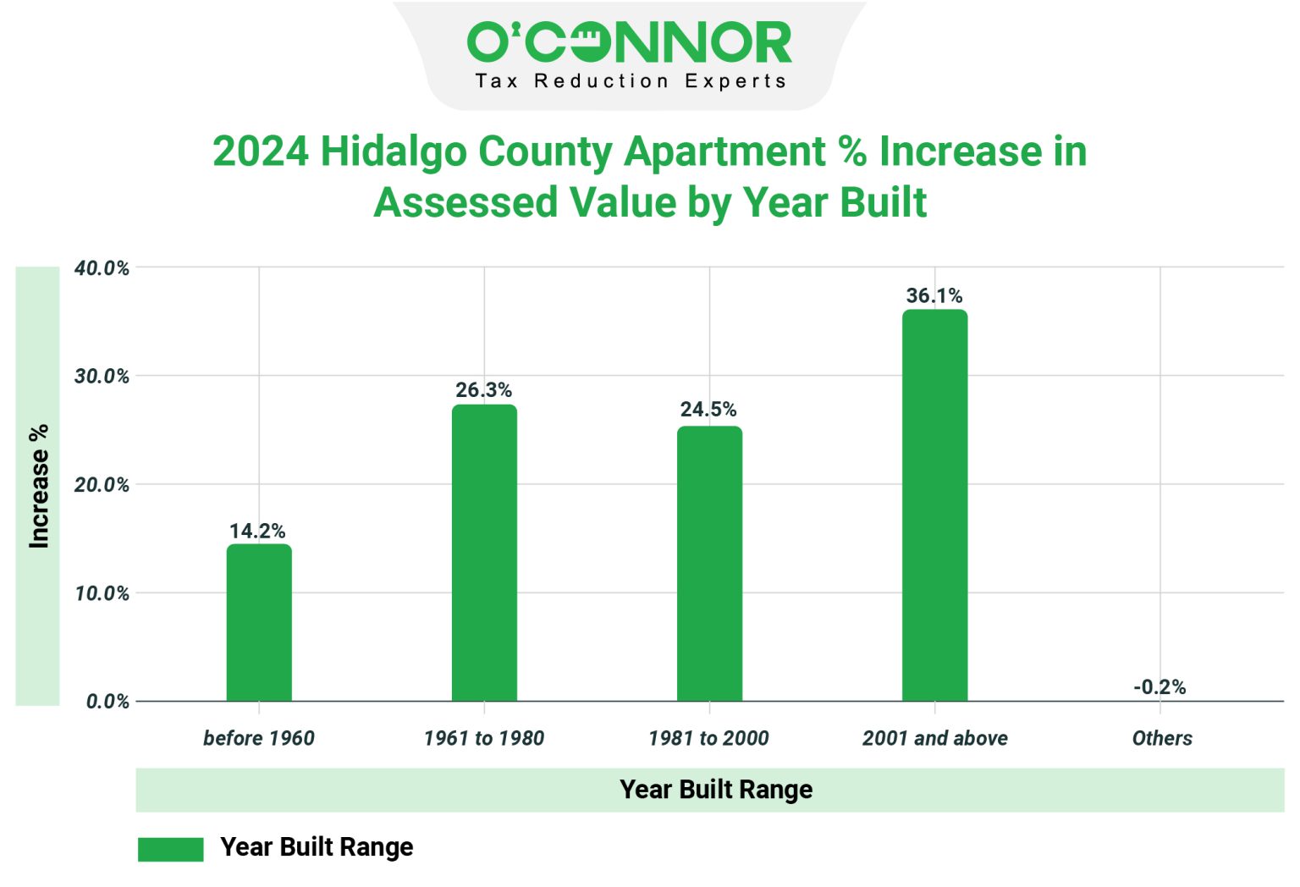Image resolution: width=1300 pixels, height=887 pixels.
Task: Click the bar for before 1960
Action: coord(259,622)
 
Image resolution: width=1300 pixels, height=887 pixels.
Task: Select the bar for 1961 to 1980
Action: coord(484,553)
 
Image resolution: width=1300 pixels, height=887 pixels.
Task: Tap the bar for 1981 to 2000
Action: coord(709,564)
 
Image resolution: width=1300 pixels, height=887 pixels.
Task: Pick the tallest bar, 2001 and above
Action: coord(934,505)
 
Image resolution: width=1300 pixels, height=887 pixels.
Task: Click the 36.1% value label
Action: coord(934,295)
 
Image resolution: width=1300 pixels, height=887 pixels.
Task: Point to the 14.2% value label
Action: coord(257,531)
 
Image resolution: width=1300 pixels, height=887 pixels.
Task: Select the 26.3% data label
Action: coord(483,390)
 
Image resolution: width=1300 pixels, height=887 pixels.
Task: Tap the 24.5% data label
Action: coord(708,410)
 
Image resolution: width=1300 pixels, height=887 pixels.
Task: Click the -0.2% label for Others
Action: coord(1160,686)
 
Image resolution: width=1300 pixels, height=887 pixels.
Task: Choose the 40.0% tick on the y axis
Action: coord(102,268)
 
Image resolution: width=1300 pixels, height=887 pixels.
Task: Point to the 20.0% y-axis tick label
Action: coord(102,485)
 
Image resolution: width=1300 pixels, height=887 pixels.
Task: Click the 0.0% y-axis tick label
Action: coord(107,702)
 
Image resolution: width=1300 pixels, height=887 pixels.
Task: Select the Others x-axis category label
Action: coord(1162,738)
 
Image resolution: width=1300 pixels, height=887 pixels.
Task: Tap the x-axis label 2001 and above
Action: coord(934,738)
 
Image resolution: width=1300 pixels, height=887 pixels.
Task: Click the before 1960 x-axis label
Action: coord(259,738)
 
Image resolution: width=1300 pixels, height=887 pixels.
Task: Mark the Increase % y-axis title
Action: coord(38,486)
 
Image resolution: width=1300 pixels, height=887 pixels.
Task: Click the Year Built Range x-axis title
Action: coord(716,790)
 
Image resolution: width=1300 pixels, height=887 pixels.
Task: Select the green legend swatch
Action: coord(171,849)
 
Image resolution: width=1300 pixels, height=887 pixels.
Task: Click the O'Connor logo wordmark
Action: coord(629,43)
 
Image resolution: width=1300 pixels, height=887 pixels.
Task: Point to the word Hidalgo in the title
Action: coord(394,152)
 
